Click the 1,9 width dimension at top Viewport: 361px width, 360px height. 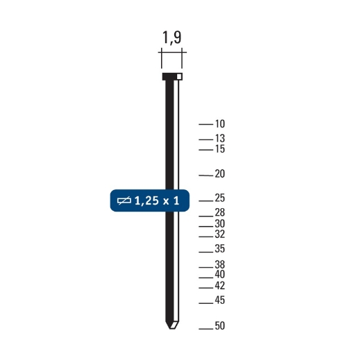point(171,37)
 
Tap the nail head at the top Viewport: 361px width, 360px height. point(171,76)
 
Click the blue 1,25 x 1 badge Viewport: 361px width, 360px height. point(149,201)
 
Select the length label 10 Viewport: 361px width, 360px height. point(220,124)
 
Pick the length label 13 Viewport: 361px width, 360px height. point(220,139)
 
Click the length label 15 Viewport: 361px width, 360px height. point(220,149)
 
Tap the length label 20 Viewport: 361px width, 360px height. point(220,174)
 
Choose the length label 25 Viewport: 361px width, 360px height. point(220,199)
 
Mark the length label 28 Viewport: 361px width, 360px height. point(220,212)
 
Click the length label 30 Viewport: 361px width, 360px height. point(220,224)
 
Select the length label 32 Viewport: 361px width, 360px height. point(220,234)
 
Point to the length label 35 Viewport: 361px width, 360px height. point(220,249)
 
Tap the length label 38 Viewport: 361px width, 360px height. point(220,265)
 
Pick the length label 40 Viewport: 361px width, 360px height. point(220,275)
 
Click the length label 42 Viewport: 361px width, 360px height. point(220,286)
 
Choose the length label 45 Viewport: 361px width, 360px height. point(220,300)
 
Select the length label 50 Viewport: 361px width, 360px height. point(220,326)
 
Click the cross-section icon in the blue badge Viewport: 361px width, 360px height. point(125,201)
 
